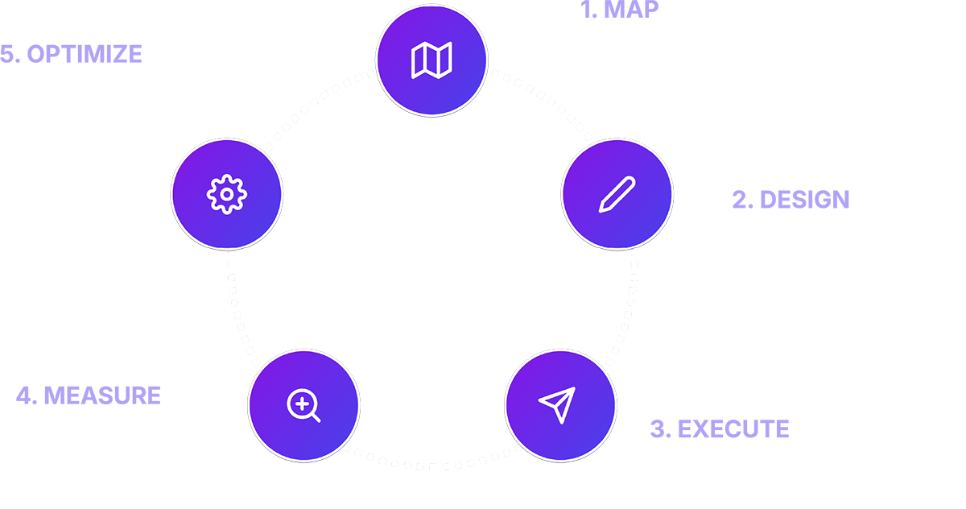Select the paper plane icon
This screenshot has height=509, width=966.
559,404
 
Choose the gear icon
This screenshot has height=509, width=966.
226,194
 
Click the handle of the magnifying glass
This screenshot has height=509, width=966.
315,416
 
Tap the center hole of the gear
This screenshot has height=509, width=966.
226,194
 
